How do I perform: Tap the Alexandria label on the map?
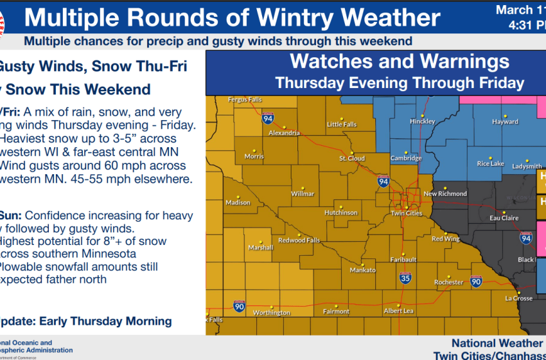285,133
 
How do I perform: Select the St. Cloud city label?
352,159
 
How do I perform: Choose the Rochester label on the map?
448,282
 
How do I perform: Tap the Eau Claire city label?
504,218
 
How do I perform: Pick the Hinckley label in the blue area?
423,122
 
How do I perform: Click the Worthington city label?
272,313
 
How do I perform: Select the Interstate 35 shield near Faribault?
405,278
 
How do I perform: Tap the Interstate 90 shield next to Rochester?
476,281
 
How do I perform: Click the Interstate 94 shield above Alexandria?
267,118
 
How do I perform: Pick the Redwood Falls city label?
299,240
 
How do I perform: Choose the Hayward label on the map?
506,122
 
